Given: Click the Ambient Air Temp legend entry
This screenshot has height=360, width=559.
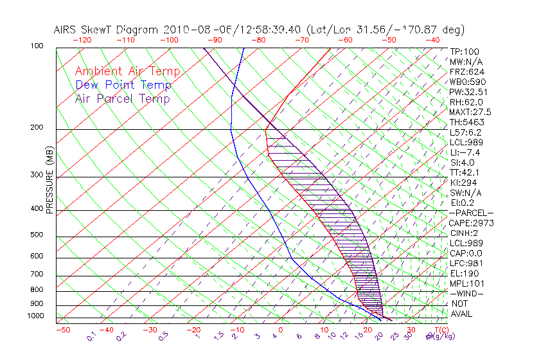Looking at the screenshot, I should [128, 71].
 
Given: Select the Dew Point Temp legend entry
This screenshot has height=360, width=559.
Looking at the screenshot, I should [123, 85].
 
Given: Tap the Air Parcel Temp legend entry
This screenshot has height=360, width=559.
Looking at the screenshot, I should [123, 98].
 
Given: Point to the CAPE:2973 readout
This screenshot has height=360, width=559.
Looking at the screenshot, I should [470, 223].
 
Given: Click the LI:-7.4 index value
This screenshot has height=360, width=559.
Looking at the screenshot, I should [465, 152].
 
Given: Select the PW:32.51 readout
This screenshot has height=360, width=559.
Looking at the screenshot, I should [468, 92].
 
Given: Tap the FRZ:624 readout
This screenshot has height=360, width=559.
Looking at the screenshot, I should [466, 71].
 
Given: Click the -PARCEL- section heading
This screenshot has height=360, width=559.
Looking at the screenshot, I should [471, 213].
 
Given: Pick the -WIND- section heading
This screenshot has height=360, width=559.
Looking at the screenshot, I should [467, 293].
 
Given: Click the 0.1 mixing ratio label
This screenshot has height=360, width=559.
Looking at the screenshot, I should [91, 335].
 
